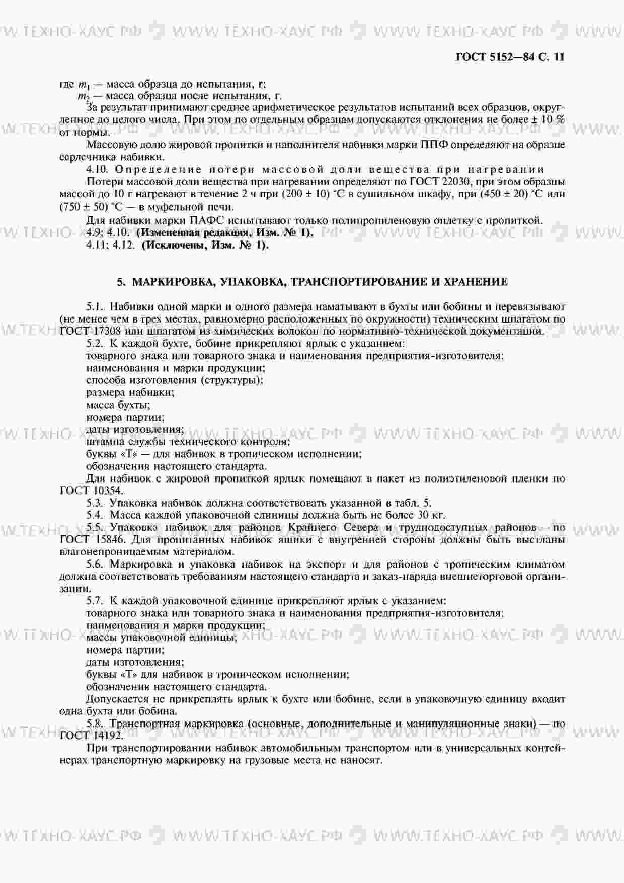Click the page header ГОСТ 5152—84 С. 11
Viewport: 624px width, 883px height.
(509, 57)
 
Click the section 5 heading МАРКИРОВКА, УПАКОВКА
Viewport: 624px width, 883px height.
(312, 282)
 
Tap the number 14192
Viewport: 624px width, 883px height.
(107, 735)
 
